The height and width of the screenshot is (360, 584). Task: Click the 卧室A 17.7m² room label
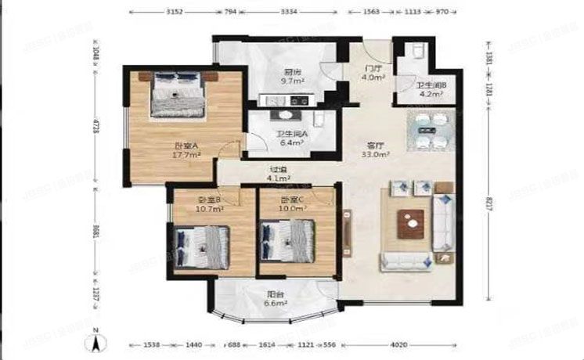[186, 150]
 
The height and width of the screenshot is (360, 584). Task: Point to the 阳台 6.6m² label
[273, 298]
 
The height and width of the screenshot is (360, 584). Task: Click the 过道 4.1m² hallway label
[279, 174]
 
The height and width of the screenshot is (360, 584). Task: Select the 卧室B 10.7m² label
[210, 205]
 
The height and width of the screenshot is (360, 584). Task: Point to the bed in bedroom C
[287, 239]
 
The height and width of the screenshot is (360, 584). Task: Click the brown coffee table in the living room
[409, 226]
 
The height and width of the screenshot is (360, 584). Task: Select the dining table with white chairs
[428, 133]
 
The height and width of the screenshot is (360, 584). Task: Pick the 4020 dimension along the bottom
[399, 344]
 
